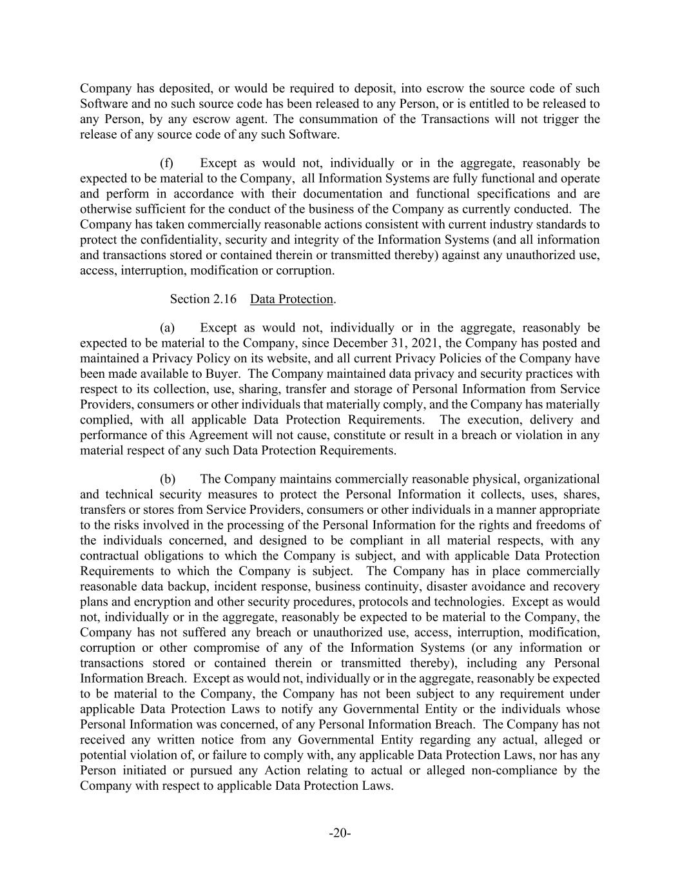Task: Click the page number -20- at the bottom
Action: (340, 833)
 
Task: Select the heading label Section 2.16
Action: (199, 299)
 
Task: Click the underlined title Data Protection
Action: (291, 299)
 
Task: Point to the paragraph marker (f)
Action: (167, 163)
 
